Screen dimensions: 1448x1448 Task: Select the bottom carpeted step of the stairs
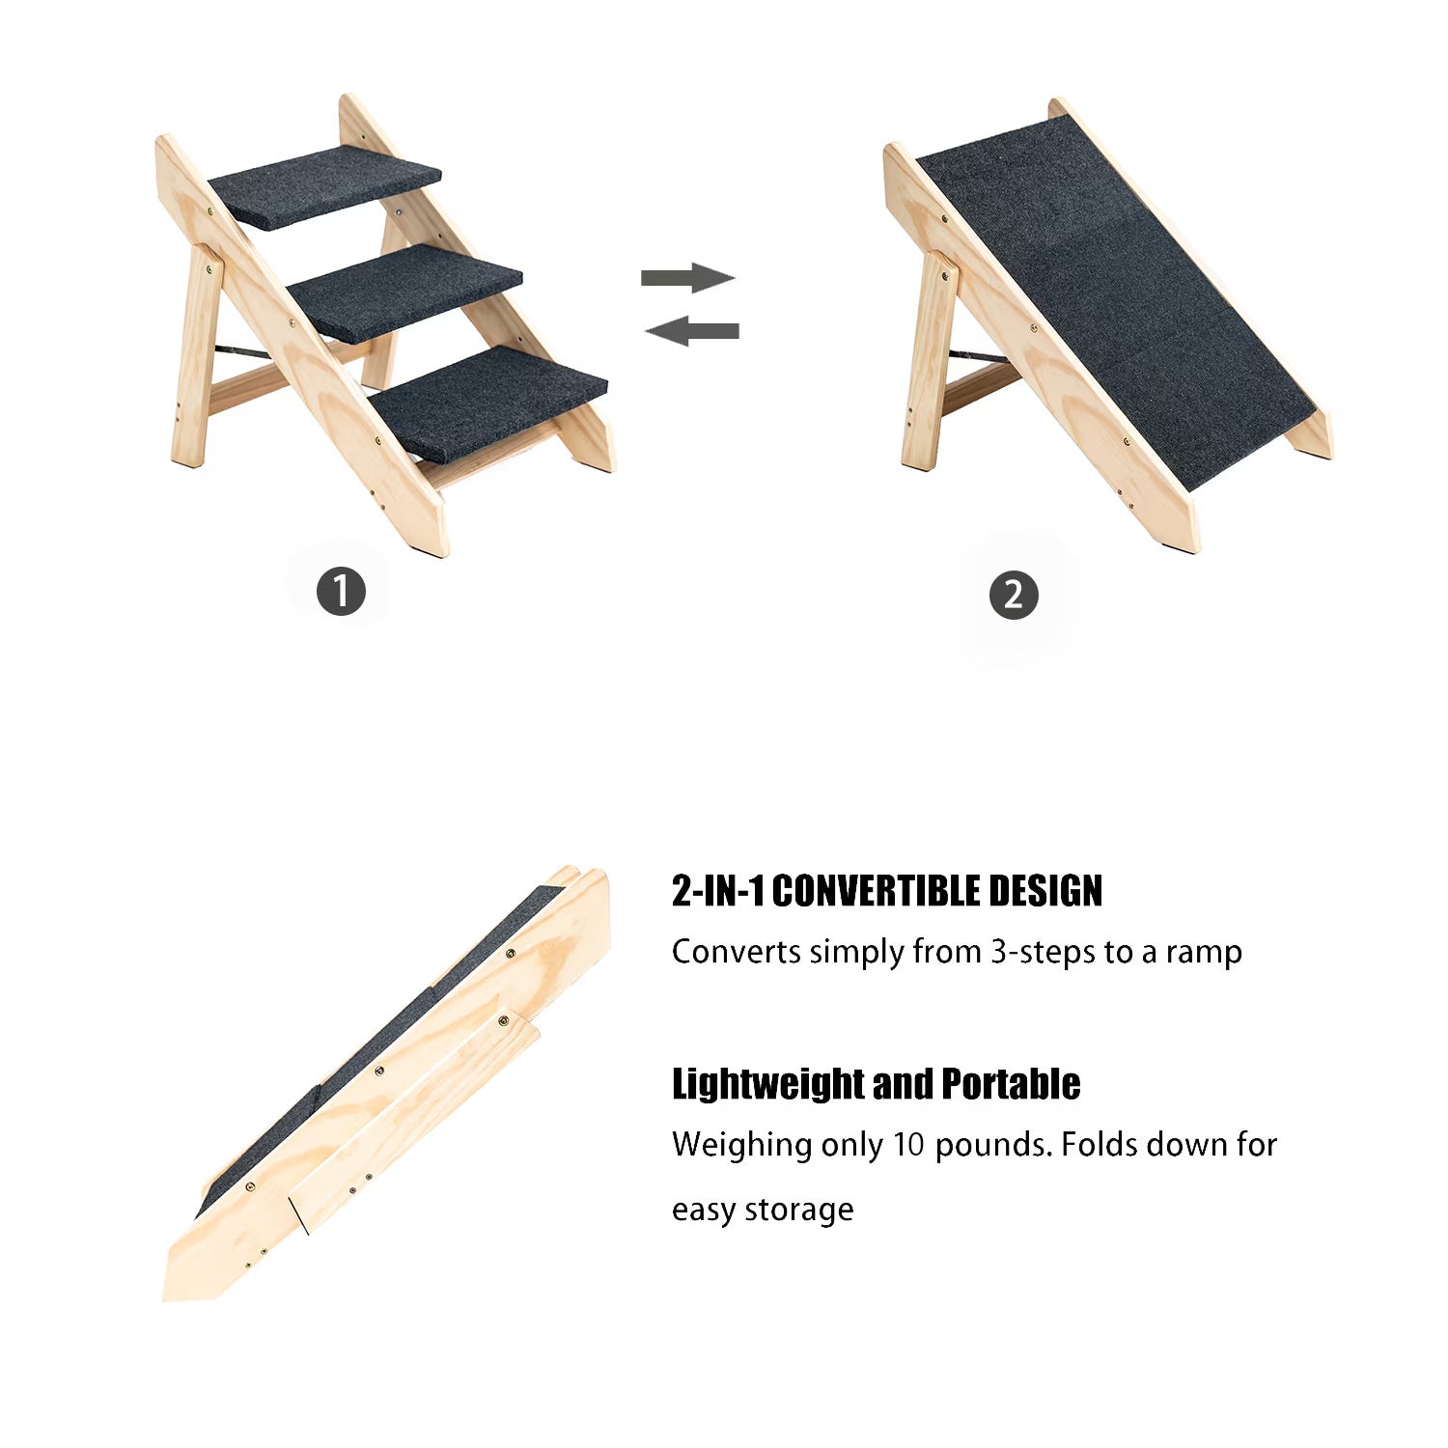pos(487,401)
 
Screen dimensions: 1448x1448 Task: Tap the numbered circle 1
pos(341,591)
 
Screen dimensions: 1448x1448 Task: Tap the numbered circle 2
pos(1014,595)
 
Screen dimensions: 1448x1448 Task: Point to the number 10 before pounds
pos(908,1145)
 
